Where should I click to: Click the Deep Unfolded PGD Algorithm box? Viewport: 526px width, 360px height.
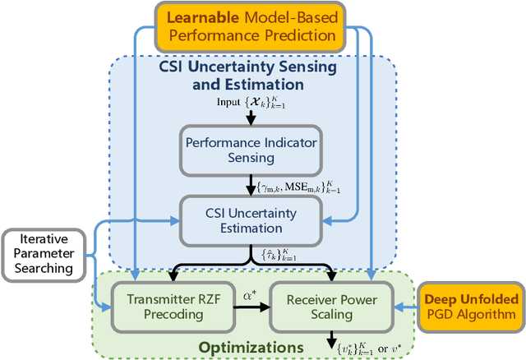(x=471, y=304)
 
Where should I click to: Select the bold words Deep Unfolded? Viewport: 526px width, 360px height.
(x=471, y=296)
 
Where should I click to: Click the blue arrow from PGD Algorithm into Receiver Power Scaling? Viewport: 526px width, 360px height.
(x=407, y=306)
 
